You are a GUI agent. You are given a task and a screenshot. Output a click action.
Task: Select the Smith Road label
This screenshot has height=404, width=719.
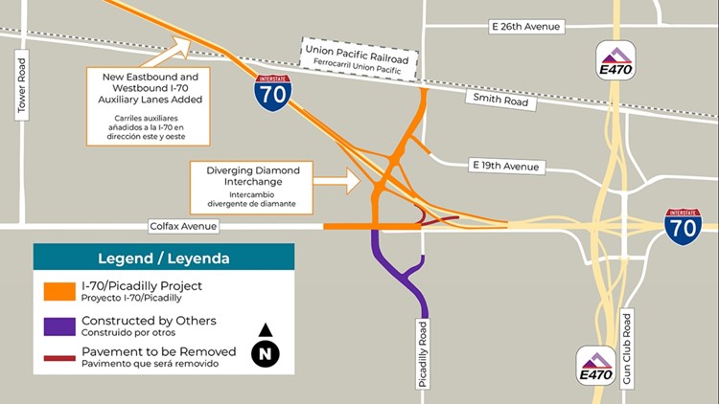pos(495,97)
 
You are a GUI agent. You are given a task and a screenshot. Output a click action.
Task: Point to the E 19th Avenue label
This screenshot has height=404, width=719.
pos(507,166)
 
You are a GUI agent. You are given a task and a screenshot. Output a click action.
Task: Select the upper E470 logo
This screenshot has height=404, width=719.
pos(615,60)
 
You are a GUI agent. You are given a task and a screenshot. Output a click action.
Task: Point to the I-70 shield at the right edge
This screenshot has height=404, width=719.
pos(683,225)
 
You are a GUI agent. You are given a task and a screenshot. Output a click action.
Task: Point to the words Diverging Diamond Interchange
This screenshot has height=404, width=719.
pos(253,176)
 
